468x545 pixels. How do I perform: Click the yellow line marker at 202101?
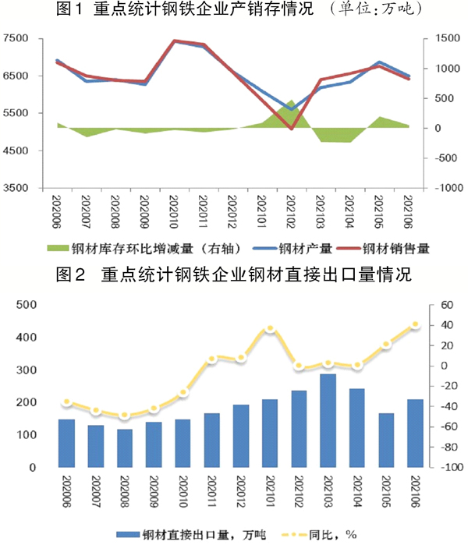point(270,329)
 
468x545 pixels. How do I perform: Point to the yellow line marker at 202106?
point(415,324)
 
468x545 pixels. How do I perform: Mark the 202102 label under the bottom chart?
point(300,493)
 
